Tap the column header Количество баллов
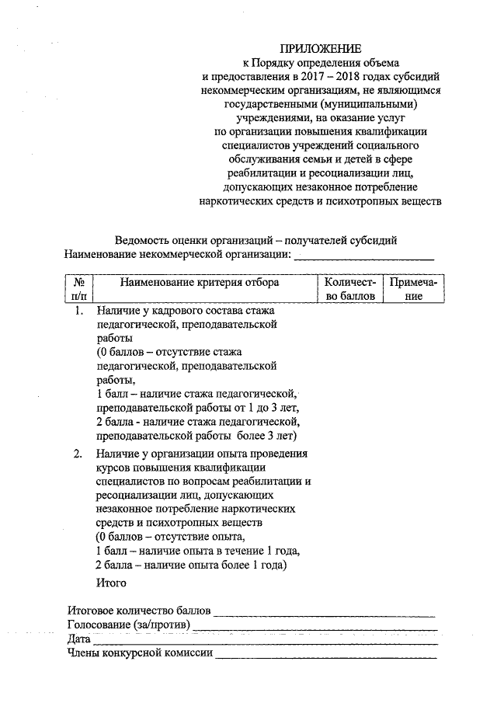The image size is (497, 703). click(x=349, y=289)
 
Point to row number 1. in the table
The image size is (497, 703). click(x=79, y=311)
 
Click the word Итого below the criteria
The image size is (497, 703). click(x=109, y=582)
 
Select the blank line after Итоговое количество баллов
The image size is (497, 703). click(x=325, y=611)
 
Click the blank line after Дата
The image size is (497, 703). click(x=264, y=640)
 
